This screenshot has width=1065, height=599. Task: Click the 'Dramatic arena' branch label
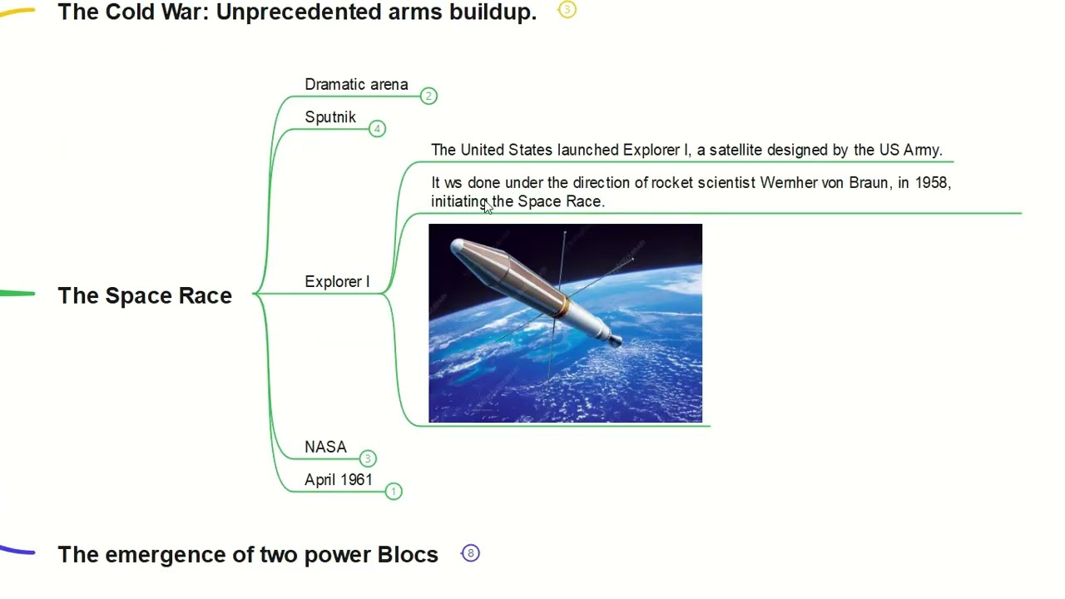(356, 85)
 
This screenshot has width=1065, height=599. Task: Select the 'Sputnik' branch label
(330, 117)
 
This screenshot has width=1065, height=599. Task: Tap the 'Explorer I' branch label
(337, 282)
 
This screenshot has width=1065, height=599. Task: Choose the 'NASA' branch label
(325, 448)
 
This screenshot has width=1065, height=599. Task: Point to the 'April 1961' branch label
(339, 480)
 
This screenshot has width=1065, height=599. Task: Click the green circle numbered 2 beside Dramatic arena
(428, 97)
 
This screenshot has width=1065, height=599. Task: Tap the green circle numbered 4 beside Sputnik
(377, 129)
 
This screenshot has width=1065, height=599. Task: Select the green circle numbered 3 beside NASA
(368, 458)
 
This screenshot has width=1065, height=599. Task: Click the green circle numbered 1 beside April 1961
(394, 492)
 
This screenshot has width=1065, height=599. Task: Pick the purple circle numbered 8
(470, 553)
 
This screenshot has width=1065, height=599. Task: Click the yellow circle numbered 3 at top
(567, 10)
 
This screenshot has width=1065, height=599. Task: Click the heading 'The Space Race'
(145, 295)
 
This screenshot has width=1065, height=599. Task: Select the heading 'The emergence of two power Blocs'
(248, 555)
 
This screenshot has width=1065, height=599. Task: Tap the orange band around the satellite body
(563, 305)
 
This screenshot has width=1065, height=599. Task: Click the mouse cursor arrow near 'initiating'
(487, 207)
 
